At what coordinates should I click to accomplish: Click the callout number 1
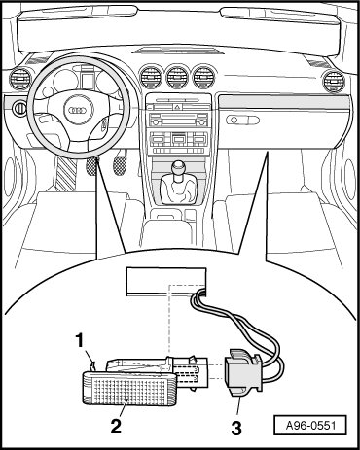coord(80,341)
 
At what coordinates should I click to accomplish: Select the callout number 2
coord(116,426)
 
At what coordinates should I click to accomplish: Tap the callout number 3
coord(236,428)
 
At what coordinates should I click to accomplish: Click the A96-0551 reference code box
coord(310,425)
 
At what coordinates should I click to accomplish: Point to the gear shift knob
coord(179,169)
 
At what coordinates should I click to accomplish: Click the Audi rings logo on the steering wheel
coord(78,110)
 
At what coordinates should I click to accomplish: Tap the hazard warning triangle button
coord(178,107)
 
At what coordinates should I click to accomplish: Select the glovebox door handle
coord(242,121)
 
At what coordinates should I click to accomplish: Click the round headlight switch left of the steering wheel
coord(19,108)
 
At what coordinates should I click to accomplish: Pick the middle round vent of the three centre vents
coord(178,77)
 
